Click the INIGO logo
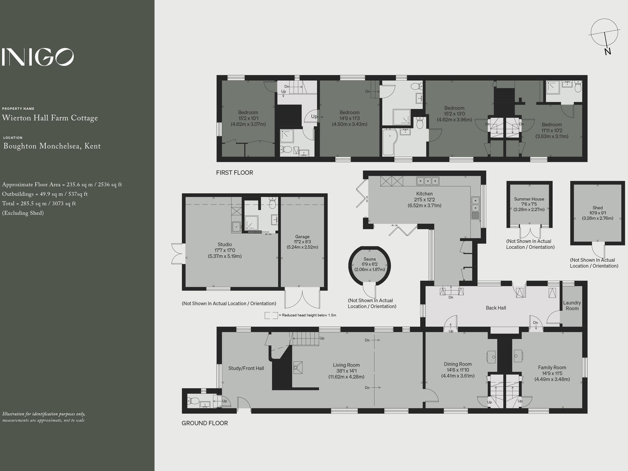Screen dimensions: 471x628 point(37,57)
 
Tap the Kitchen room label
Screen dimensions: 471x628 point(424,194)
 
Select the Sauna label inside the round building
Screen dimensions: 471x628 point(370,259)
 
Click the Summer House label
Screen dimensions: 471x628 point(529,199)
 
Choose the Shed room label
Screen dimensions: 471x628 point(598,207)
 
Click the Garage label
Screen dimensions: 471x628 point(302,237)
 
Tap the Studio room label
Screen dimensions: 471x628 point(224,245)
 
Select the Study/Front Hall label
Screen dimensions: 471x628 point(246,368)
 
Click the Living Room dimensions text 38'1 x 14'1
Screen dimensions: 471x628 point(346,371)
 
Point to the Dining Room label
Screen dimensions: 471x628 point(458,364)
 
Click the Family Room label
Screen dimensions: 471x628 point(552,367)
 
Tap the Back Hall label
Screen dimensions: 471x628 point(496,308)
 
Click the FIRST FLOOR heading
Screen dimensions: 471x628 point(235,173)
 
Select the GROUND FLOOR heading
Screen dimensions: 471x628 point(205,423)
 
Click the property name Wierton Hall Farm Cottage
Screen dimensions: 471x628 point(50,118)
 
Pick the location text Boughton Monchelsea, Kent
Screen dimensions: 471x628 point(52,146)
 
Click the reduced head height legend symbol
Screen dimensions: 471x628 point(271,315)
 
